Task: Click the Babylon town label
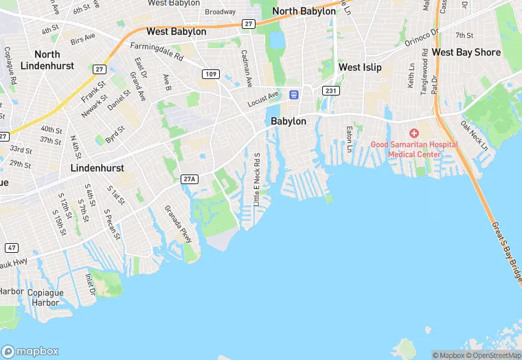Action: [x=288, y=121]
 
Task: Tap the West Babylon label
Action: [x=176, y=32]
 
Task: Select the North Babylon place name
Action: [x=304, y=12]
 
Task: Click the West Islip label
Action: [x=360, y=67]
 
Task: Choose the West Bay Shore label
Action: [x=466, y=52]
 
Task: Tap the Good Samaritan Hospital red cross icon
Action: [x=414, y=133]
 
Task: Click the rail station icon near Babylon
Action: [x=294, y=94]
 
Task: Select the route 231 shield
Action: [x=331, y=91]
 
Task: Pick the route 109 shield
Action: [x=211, y=74]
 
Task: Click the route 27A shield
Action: [x=190, y=179]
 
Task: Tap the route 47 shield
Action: [x=12, y=247]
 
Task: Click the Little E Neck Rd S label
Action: [x=257, y=180]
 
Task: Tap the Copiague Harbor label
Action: [x=45, y=297]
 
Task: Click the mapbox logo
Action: [x=31, y=351]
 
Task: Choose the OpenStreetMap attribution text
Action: [x=492, y=355]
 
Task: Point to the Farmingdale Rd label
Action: [x=157, y=52]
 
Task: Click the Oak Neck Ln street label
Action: [x=474, y=136]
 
